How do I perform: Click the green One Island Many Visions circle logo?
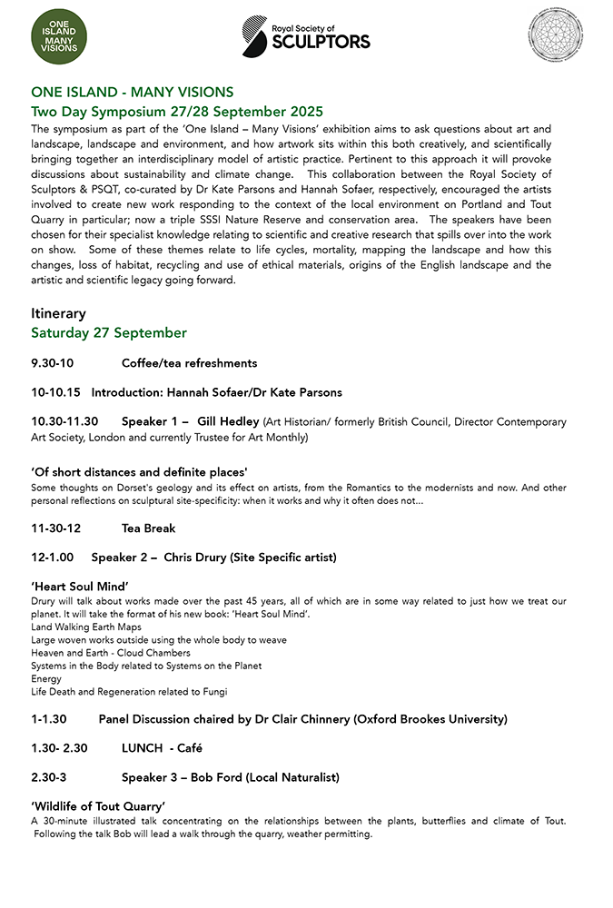point(60,35)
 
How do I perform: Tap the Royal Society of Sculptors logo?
point(306,35)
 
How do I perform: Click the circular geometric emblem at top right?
point(555,35)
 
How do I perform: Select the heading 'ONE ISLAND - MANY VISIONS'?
point(133,92)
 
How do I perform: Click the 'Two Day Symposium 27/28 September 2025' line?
point(177,112)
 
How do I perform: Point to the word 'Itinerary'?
point(59,313)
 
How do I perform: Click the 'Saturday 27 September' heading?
point(109,333)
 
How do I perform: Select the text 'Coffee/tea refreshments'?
point(189,363)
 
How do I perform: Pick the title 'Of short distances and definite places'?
point(140,472)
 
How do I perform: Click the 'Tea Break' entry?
point(148,528)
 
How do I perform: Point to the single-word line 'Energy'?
point(46,678)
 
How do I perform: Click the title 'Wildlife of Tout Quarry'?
point(98,806)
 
